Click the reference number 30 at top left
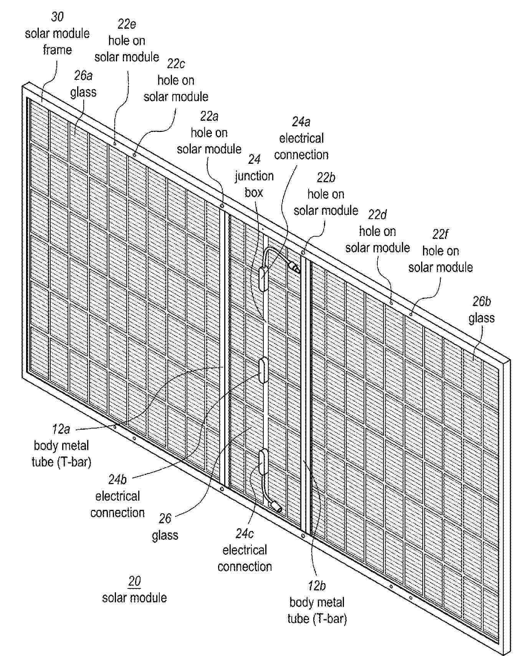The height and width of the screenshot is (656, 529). pos(57,16)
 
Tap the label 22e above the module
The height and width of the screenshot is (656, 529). pos(127,24)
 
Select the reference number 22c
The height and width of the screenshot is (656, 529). pos(176,64)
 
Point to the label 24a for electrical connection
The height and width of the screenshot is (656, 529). pos(301,122)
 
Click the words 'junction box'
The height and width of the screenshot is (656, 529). pos(254,184)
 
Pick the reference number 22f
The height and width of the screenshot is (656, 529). pos(440,234)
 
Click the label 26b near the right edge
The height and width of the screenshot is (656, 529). pos(481,302)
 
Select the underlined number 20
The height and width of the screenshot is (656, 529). pos(134,581)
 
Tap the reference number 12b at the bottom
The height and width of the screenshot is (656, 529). pos(317,586)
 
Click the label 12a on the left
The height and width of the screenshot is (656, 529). pos(61,429)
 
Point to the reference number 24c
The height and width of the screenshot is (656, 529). pos(245,534)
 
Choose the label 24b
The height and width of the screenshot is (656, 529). pos(117,480)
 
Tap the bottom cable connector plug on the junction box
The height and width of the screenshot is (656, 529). pos(276,506)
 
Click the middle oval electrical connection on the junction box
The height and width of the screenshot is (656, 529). pos(263,370)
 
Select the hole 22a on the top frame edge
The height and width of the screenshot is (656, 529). pos(222,206)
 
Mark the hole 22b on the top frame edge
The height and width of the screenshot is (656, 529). pos(303,253)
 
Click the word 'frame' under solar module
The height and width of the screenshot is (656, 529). pos(57,50)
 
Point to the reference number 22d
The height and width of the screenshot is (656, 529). pos(377,215)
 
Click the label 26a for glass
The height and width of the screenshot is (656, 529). pos(83,76)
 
